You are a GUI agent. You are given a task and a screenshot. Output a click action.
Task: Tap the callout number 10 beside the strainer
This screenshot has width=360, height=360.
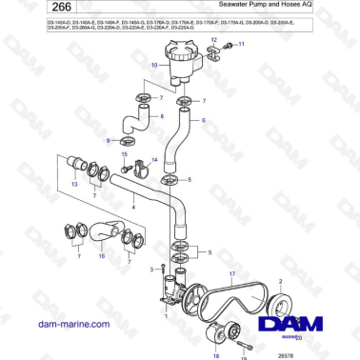click(154, 65)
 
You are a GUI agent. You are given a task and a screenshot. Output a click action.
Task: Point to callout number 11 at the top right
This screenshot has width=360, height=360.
click(241, 44)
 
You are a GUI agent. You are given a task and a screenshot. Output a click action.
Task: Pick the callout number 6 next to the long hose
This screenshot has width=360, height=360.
click(202, 122)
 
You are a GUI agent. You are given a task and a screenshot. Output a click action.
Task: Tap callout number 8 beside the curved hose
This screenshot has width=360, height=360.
click(162, 117)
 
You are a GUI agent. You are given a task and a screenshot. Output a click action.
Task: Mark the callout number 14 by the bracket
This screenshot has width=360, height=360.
click(154, 160)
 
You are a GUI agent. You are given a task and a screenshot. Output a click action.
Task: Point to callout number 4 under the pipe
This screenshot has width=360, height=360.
click(134, 207)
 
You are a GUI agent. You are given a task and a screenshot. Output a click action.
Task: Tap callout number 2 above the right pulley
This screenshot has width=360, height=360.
click(279, 282)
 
